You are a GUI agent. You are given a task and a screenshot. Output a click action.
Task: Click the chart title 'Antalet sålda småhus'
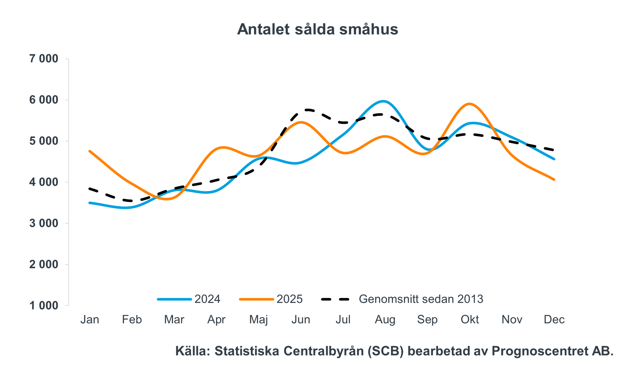point(317,29)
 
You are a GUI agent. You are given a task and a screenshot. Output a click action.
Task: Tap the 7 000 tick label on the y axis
point(44,59)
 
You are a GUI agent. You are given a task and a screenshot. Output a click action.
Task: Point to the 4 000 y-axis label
point(44,182)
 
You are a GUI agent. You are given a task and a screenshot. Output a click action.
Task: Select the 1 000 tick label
point(44,306)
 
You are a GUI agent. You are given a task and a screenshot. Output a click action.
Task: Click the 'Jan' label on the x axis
point(90,320)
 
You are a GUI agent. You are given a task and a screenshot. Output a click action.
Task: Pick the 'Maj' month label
point(259,320)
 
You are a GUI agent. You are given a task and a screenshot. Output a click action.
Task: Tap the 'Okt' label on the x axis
point(470,320)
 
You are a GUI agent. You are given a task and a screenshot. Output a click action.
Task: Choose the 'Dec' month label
point(554,320)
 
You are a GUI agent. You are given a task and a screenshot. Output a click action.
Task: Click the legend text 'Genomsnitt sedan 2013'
point(421,299)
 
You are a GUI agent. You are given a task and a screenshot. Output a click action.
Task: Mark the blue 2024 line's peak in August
point(383,101)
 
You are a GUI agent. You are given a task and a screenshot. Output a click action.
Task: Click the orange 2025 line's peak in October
point(470,104)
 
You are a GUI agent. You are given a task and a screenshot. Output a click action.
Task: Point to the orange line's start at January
point(90,151)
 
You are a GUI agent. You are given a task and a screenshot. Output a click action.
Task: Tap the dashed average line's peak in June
point(307,110)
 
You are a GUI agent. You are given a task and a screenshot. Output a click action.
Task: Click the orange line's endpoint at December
point(554,180)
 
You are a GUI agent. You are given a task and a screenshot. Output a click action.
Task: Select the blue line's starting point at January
point(90,203)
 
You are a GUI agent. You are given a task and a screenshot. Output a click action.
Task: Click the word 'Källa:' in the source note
point(193,351)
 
